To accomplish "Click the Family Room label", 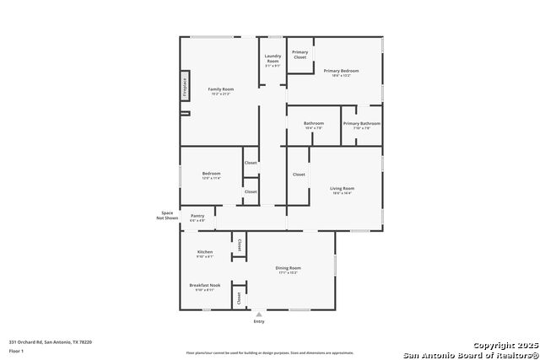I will click(221, 89).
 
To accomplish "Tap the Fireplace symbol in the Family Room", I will click(185, 87).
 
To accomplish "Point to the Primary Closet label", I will click(300, 54).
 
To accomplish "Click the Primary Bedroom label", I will click(341, 72).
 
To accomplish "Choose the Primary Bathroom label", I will click(361, 124).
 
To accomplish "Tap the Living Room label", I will click(342, 190).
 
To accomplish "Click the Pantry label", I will click(197, 217).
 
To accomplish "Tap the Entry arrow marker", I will click(259, 314).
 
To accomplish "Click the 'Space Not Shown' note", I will click(167, 215).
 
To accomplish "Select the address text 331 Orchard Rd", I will click(51, 342).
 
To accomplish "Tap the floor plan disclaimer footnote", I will click(270, 353).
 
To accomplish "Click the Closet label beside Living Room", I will click(299, 175).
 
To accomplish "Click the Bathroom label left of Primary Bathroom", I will click(314, 124).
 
